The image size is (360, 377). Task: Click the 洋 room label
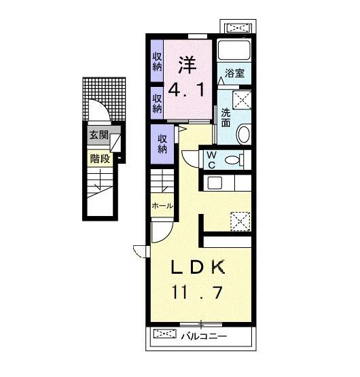click(x=187, y=65)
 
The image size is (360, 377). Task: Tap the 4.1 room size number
click(x=186, y=89)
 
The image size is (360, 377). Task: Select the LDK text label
click(x=198, y=267)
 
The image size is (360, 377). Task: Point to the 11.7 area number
click(x=197, y=292)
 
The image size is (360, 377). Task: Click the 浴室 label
click(x=234, y=73)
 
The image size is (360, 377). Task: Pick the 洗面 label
click(x=226, y=118)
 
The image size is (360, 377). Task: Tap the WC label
click(x=211, y=160)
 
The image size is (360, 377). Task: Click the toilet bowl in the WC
click(x=232, y=160)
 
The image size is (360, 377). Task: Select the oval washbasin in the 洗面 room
click(x=244, y=134)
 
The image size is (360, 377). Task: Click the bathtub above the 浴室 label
click(x=234, y=50)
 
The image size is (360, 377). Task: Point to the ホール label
click(x=162, y=206)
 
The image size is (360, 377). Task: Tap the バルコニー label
click(x=204, y=336)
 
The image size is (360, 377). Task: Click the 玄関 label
click(x=99, y=135)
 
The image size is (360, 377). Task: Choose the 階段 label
click(x=100, y=158)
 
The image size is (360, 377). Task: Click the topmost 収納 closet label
click(x=158, y=62)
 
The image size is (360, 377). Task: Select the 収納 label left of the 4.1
click(x=158, y=104)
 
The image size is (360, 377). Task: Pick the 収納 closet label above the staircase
click(x=162, y=144)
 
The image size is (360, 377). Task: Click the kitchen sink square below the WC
click(x=215, y=183)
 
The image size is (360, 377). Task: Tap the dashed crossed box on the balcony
click(x=165, y=334)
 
